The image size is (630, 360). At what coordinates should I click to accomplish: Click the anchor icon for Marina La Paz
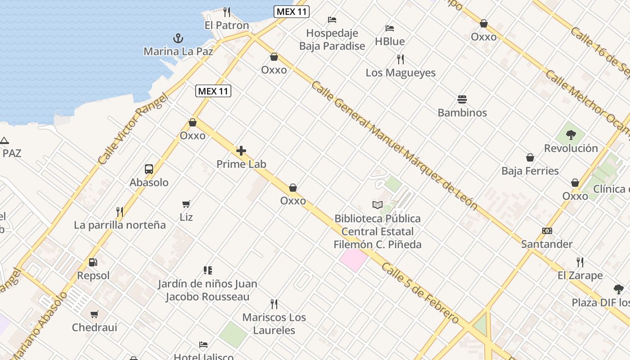tap(179, 38)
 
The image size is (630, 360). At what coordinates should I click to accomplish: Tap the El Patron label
tap(227, 26)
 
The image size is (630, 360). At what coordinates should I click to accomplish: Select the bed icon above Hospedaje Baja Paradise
tap(332, 20)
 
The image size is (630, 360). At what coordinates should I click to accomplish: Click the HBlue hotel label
tap(390, 41)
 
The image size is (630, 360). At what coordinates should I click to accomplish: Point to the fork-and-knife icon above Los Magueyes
tap(400, 59)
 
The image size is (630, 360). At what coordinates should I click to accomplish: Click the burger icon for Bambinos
tap(462, 99)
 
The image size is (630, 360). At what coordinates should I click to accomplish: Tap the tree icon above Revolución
tap(571, 135)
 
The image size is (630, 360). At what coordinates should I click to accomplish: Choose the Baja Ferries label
tap(530, 171)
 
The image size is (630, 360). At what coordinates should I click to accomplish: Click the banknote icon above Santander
tap(547, 231)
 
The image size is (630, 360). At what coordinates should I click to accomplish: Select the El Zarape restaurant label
tap(580, 275)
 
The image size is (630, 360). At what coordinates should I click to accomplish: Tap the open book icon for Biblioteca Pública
tap(377, 205)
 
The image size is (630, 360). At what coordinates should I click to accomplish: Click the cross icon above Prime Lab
tap(241, 151)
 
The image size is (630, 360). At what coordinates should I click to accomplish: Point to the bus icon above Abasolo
tap(149, 169)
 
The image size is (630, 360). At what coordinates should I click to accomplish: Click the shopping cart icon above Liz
tap(186, 204)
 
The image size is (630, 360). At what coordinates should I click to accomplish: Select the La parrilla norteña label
tap(120, 225)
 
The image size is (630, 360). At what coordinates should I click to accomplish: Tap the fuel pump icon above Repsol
tap(93, 262)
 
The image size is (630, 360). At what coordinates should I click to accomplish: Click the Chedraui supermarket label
tap(94, 328)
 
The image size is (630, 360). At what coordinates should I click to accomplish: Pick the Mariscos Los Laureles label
tap(274, 324)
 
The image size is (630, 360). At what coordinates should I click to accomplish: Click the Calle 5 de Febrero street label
tap(420, 293)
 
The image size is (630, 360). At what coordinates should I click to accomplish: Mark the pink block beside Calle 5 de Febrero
tap(354, 260)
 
